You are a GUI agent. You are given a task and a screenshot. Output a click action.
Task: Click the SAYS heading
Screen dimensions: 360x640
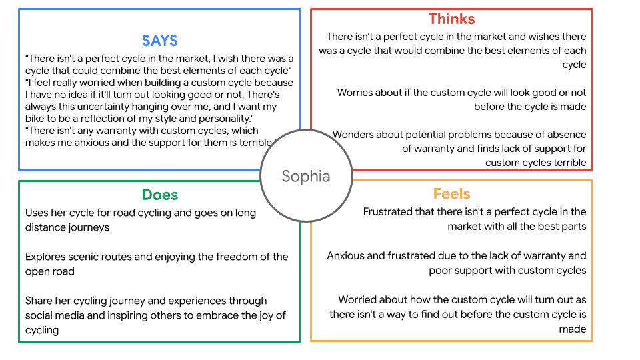click(x=159, y=41)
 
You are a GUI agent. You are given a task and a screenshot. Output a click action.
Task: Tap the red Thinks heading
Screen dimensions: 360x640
click(x=451, y=18)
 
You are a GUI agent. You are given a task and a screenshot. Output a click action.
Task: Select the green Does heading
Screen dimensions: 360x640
click(x=159, y=195)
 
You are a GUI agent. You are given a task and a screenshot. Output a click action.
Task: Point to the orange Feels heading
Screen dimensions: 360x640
click(x=451, y=194)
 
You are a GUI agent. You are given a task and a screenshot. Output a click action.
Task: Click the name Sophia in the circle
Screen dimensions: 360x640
click(x=305, y=176)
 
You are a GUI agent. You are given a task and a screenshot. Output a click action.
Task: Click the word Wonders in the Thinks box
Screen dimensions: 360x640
click(x=355, y=135)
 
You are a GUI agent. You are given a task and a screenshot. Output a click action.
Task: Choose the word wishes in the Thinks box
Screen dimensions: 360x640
click(x=533, y=37)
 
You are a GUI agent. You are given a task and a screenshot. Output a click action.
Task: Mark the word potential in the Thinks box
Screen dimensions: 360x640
click(x=427, y=135)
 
